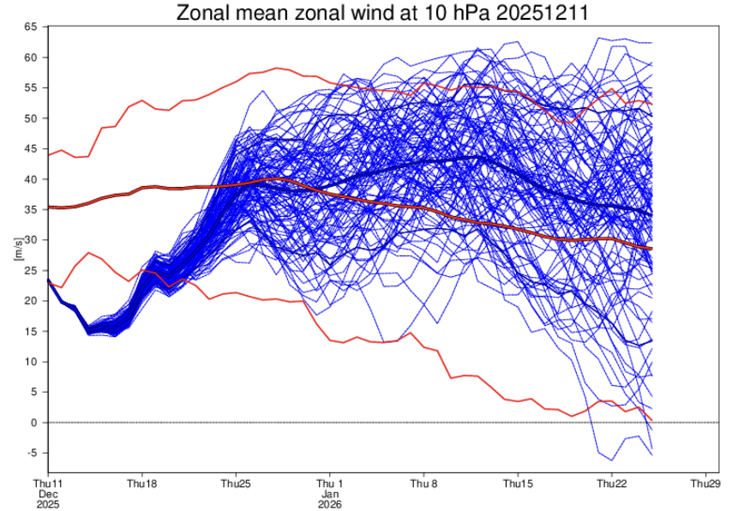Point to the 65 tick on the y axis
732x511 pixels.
(31, 27)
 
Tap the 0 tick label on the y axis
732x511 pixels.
(34, 423)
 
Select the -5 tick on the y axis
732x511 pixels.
(33, 454)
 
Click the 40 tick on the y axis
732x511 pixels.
(31, 179)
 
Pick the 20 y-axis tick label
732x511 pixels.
(31, 301)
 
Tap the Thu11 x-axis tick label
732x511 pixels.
(48, 484)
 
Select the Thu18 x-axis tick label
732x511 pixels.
(142, 484)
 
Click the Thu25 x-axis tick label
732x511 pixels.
(237, 484)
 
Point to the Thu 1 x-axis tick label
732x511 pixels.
(330, 484)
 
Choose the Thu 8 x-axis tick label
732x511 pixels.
(424, 484)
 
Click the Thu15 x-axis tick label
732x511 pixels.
(518, 484)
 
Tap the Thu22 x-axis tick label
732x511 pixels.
(612, 484)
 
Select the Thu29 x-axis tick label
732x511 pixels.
(705, 484)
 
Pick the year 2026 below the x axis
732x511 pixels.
(330, 504)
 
